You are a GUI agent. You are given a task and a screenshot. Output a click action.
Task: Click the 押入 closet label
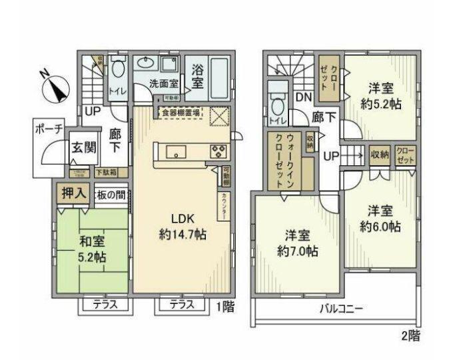click(x=73, y=194)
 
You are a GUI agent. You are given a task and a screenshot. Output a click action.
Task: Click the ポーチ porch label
click(x=47, y=129)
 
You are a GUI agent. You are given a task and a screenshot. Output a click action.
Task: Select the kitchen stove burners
click(x=219, y=151)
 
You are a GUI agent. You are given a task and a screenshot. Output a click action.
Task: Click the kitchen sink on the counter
click(x=177, y=151)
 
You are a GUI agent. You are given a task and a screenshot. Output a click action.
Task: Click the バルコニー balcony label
click(x=340, y=309)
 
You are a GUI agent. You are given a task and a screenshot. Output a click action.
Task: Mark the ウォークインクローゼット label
click(x=283, y=160)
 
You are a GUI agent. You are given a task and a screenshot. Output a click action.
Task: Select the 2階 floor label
click(x=410, y=335)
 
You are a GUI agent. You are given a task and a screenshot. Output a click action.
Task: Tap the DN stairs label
click(x=303, y=97)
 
